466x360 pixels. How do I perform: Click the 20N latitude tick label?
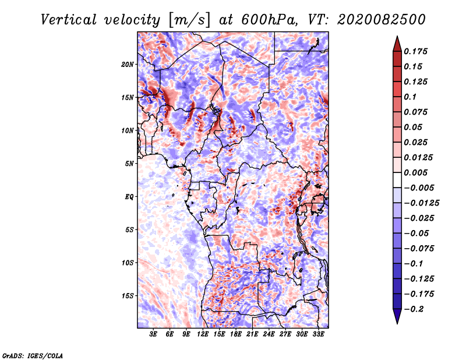[x=128, y=64]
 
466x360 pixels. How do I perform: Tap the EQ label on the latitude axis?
[x=129, y=197]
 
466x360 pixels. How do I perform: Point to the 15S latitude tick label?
[x=128, y=296]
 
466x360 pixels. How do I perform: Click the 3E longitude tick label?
[x=154, y=335]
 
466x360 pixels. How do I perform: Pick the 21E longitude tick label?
[x=252, y=335]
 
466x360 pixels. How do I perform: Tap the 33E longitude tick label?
[x=318, y=335]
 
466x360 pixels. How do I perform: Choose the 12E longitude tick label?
[x=203, y=335]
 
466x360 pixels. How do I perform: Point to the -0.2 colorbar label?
[x=415, y=309]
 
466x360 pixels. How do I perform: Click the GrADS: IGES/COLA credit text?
[x=33, y=355]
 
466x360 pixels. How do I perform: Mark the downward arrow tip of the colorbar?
[x=397, y=322]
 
